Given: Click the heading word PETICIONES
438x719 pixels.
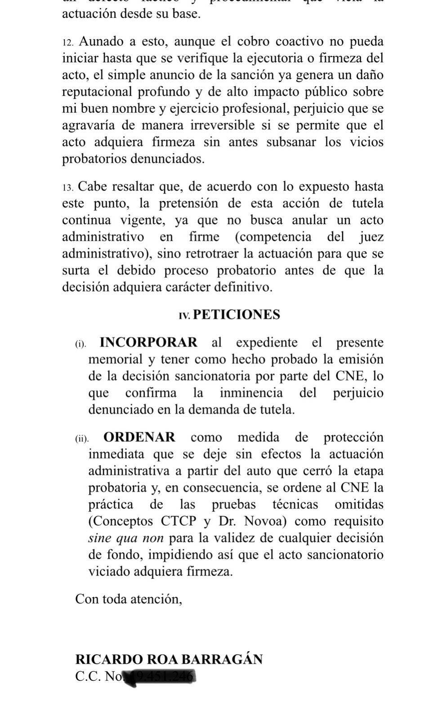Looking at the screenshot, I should tap(236, 315).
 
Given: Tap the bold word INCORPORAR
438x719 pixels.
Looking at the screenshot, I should tap(148, 342).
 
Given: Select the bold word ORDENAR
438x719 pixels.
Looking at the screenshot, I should tap(139, 437).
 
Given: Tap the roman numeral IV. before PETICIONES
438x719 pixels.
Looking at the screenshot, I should tap(184, 316).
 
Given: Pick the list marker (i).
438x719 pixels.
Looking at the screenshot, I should tap(80, 344).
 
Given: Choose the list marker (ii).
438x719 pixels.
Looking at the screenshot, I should tap(82, 439).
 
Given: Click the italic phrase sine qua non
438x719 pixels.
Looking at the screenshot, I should tap(126, 538).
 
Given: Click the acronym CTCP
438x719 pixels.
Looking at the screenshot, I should tap(179, 521).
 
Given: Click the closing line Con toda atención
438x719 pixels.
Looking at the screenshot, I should tap(129, 599).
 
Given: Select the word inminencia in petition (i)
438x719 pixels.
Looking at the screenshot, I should tap(251, 393).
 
